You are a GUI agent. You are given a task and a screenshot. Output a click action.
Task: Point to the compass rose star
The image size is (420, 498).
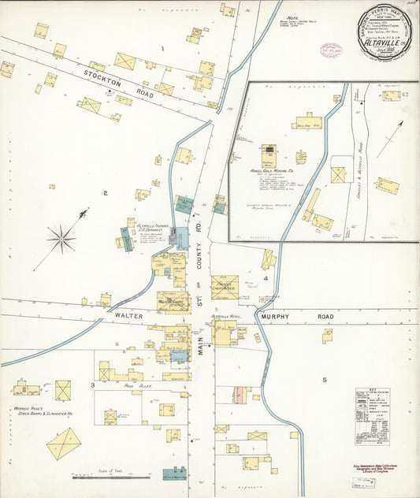coord(61,236)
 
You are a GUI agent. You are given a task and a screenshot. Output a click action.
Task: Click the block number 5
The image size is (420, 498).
coord(324,381)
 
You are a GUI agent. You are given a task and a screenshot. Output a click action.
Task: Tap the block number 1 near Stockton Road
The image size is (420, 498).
coord(162,49)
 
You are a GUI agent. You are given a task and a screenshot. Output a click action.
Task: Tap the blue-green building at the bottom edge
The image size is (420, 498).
coord(174,475)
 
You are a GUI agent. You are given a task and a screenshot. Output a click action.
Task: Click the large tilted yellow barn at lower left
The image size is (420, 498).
coord(64,444)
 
